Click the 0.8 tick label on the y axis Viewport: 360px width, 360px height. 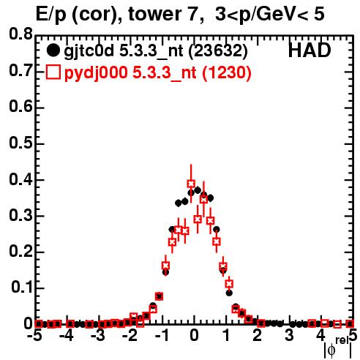pos(20,34)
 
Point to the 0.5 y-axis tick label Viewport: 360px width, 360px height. pos(20,143)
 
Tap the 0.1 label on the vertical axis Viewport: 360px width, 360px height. pos(21,288)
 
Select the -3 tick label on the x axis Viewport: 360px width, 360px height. pos(97,336)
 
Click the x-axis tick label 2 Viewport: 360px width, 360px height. pos(258,336)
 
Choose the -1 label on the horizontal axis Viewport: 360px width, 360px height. pos(162,336)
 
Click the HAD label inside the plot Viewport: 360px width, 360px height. pos(310,50)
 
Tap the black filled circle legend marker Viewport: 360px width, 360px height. pos(53,50)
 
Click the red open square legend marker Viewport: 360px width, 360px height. pos(53,72)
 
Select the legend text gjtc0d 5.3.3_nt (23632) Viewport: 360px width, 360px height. pos(156,51)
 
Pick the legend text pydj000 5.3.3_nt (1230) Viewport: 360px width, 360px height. pos(157,73)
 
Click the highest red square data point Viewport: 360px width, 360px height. pos(191,184)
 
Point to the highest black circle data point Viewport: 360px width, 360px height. pos(198,190)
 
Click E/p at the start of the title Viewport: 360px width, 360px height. pos(51,15)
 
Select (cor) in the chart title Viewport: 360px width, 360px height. pos(97,15)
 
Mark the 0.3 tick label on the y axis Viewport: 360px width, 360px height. pos(20,215)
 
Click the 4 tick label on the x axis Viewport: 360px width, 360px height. pos(321,336)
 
